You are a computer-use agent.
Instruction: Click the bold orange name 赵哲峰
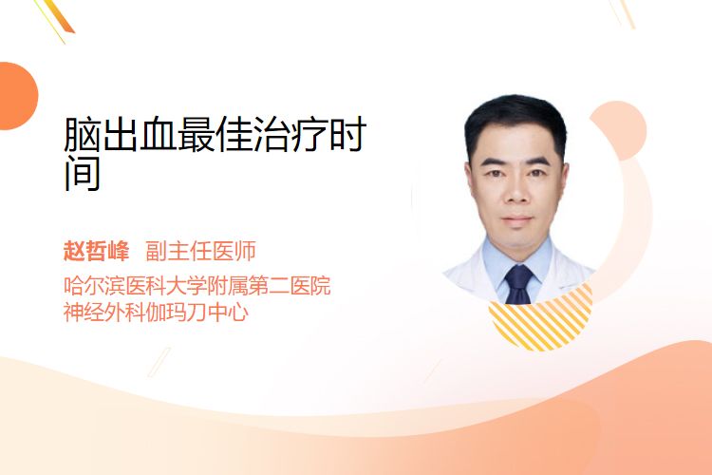coord(96,251)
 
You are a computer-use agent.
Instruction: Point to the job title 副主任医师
coord(200,251)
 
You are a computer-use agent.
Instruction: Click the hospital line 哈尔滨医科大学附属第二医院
coord(197,285)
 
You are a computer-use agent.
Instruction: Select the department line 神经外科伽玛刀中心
coord(157,312)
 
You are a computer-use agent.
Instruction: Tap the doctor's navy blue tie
coord(519,284)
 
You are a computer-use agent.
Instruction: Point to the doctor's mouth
coord(516,220)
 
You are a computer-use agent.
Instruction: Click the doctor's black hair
coord(515,121)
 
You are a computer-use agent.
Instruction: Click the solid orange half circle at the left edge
coord(17,96)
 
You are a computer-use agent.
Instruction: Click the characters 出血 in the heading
coord(139,134)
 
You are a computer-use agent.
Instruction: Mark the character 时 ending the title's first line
coord(348,134)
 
